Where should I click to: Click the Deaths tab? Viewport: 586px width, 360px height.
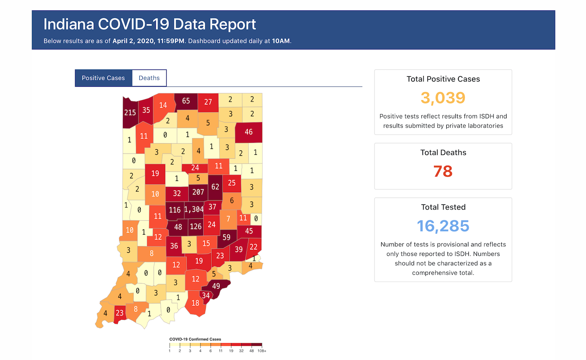[x=149, y=78]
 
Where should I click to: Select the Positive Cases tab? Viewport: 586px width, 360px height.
[x=103, y=78]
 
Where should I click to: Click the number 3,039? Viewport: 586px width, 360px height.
[x=443, y=98]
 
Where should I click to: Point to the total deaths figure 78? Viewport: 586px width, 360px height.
[x=443, y=171]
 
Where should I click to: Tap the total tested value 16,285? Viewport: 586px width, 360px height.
[x=443, y=226]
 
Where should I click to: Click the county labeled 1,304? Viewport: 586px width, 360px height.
[x=194, y=209]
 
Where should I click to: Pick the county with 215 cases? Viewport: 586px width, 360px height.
[x=130, y=112]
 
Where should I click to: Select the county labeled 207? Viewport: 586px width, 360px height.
[x=198, y=192]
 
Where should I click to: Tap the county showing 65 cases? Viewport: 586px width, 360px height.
[x=186, y=101]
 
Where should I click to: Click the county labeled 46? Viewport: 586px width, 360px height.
[x=249, y=132]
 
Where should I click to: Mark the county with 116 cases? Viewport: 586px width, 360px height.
[x=174, y=210]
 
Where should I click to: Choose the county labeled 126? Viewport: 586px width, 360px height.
[x=196, y=226]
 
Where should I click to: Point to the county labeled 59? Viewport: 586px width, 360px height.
[x=226, y=237]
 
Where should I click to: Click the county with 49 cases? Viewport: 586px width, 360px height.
[x=216, y=286]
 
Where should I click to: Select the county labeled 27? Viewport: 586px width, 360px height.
[x=208, y=102]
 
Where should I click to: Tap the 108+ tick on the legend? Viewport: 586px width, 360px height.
[x=262, y=350]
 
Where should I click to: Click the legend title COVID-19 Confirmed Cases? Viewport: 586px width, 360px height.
[x=195, y=339]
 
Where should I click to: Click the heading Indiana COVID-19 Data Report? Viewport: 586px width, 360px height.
[x=150, y=24]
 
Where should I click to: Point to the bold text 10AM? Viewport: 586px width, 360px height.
[x=281, y=41]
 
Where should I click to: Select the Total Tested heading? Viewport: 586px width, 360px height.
[x=443, y=207]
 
